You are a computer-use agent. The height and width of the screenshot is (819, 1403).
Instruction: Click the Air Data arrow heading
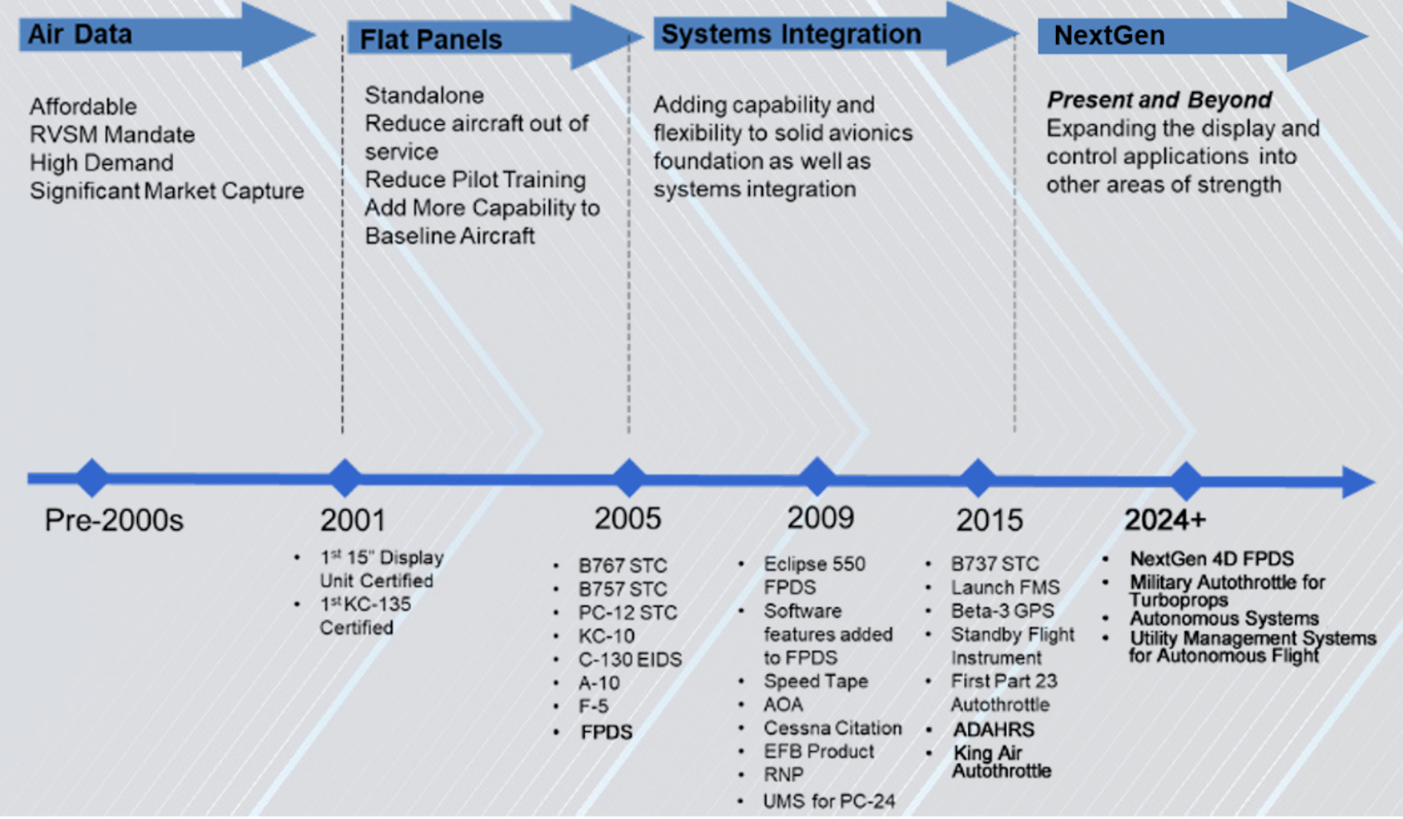pos(80,34)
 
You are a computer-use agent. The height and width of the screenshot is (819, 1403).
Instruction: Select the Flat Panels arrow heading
pos(431,39)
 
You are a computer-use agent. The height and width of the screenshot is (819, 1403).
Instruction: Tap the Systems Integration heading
pos(791,34)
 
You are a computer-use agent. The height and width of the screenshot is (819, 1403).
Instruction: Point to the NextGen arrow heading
pos(1108,36)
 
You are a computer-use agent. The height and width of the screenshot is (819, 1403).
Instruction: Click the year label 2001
pos(352,520)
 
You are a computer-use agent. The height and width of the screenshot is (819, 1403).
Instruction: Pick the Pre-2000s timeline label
pos(114,520)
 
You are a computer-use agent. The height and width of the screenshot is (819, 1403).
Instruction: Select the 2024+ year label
pos(1164,520)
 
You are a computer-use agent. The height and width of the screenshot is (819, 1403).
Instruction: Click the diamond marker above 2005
pos(628,478)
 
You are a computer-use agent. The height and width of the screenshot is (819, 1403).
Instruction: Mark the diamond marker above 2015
pos(977,478)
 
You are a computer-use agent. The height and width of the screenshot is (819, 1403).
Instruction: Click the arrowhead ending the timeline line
pos(1359,482)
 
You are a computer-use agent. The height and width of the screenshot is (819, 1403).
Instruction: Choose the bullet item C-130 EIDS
pos(629,660)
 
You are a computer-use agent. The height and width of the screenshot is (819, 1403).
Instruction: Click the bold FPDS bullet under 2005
pos(606,732)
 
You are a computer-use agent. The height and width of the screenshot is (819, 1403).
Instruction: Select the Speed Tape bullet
pos(816,681)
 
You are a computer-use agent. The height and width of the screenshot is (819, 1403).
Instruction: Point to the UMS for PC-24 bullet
pos(829,801)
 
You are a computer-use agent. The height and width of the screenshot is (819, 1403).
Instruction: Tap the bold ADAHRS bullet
pos(994,730)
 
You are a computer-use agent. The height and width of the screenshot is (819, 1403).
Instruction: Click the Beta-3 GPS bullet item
pos(1002,611)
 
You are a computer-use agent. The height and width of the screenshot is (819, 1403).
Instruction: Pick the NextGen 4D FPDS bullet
pos(1211,559)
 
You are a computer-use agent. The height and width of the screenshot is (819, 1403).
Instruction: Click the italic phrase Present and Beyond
pos(1159,100)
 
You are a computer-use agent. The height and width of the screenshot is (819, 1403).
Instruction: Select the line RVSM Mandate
pos(112,135)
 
